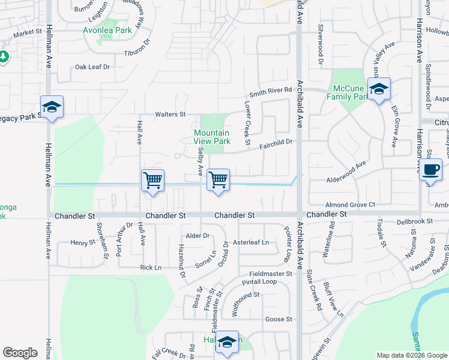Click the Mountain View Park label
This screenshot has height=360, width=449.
pos(211,137)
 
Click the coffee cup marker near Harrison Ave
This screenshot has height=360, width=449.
pos(431,170)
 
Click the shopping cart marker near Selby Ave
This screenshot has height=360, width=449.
pos(218,179)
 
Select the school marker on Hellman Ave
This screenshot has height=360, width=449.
pos(52,107)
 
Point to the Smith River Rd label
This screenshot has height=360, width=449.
pos(271,90)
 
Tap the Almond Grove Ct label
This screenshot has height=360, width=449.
pos(351,205)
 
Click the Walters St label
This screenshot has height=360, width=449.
pos(170,114)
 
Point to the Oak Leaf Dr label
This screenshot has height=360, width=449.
pos(92,67)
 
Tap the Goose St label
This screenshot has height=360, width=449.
pos(278,319)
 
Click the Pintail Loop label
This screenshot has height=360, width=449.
pos(259,281)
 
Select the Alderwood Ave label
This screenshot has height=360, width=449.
pos(346,172)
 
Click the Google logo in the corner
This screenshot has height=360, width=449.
pos(20,353)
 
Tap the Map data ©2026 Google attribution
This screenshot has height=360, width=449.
pos(412,355)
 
